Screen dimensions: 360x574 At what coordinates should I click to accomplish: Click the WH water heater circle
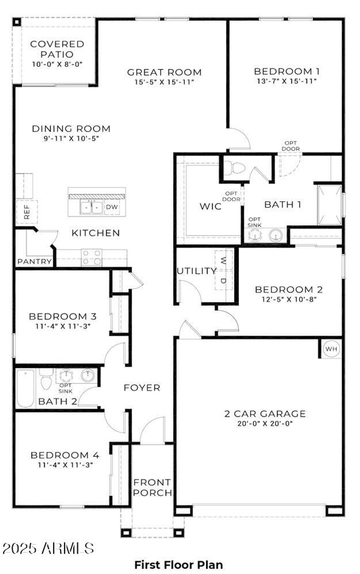click(x=331, y=349)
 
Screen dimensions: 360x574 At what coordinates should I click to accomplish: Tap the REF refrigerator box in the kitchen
click(x=27, y=212)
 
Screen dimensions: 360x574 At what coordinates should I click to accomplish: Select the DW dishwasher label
click(x=112, y=207)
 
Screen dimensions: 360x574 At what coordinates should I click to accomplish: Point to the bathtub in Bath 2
click(x=25, y=388)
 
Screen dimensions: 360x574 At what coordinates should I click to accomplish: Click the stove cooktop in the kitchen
click(x=91, y=258)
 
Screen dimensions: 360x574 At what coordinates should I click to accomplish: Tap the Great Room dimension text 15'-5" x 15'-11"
click(x=164, y=82)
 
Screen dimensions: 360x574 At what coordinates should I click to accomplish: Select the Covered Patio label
click(x=57, y=49)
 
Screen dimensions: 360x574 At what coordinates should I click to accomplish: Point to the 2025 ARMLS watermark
click(x=48, y=548)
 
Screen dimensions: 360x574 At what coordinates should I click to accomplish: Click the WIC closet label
click(x=211, y=206)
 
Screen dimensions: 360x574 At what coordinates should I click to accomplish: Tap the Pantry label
click(x=34, y=262)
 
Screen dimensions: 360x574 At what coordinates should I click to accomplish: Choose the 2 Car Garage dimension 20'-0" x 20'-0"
click(x=265, y=423)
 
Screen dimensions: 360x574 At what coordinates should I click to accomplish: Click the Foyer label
click(x=142, y=388)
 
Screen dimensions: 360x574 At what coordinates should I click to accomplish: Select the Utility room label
click(x=197, y=271)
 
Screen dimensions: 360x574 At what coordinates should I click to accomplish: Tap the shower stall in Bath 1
click(x=329, y=205)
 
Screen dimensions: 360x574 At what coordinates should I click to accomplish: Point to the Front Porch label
click(x=153, y=488)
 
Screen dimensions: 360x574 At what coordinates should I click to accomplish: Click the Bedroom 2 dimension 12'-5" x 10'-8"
click(x=289, y=299)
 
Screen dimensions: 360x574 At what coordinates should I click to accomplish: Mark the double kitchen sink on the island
click(x=91, y=208)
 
